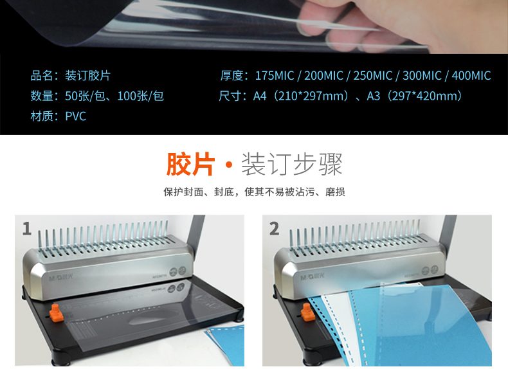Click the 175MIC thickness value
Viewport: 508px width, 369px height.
pyautogui.click(x=275, y=76)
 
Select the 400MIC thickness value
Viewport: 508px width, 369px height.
pyautogui.click(x=471, y=76)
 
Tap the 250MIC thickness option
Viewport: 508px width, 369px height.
pyautogui.click(x=372, y=76)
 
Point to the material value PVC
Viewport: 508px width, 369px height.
pyautogui.click(x=75, y=116)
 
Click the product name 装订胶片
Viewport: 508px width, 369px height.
pyautogui.click(x=88, y=76)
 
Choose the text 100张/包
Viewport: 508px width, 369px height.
pyautogui.click(x=141, y=96)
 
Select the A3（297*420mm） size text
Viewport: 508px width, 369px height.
pyautogui.click(x=414, y=96)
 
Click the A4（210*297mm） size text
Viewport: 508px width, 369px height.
pyautogui.click(x=301, y=96)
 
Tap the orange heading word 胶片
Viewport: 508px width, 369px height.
pyautogui.click(x=190, y=165)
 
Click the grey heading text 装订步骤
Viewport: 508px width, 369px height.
pyautogui.click(x=292, y=165)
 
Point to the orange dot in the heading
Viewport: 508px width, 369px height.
pyautogui.click(x=229, y=165)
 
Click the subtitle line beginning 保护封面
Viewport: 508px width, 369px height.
pyautogui.click(x=254, y=192)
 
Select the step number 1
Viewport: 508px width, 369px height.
pyautogui.click(x=27, y=228)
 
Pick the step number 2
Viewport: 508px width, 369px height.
pyautogui.click(x=274, y=228)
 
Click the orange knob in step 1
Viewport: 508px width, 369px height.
pyautogui.click(x=56, y=312)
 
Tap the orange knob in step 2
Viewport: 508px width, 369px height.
pyautogui.click(x=307, y=312)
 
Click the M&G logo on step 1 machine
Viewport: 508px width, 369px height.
pyautogui.click(x=61, y=278)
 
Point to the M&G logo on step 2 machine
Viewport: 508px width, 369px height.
pyautogui.click(x=312, y=276)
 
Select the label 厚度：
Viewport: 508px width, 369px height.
pyautogui.click(x=234, y=76)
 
